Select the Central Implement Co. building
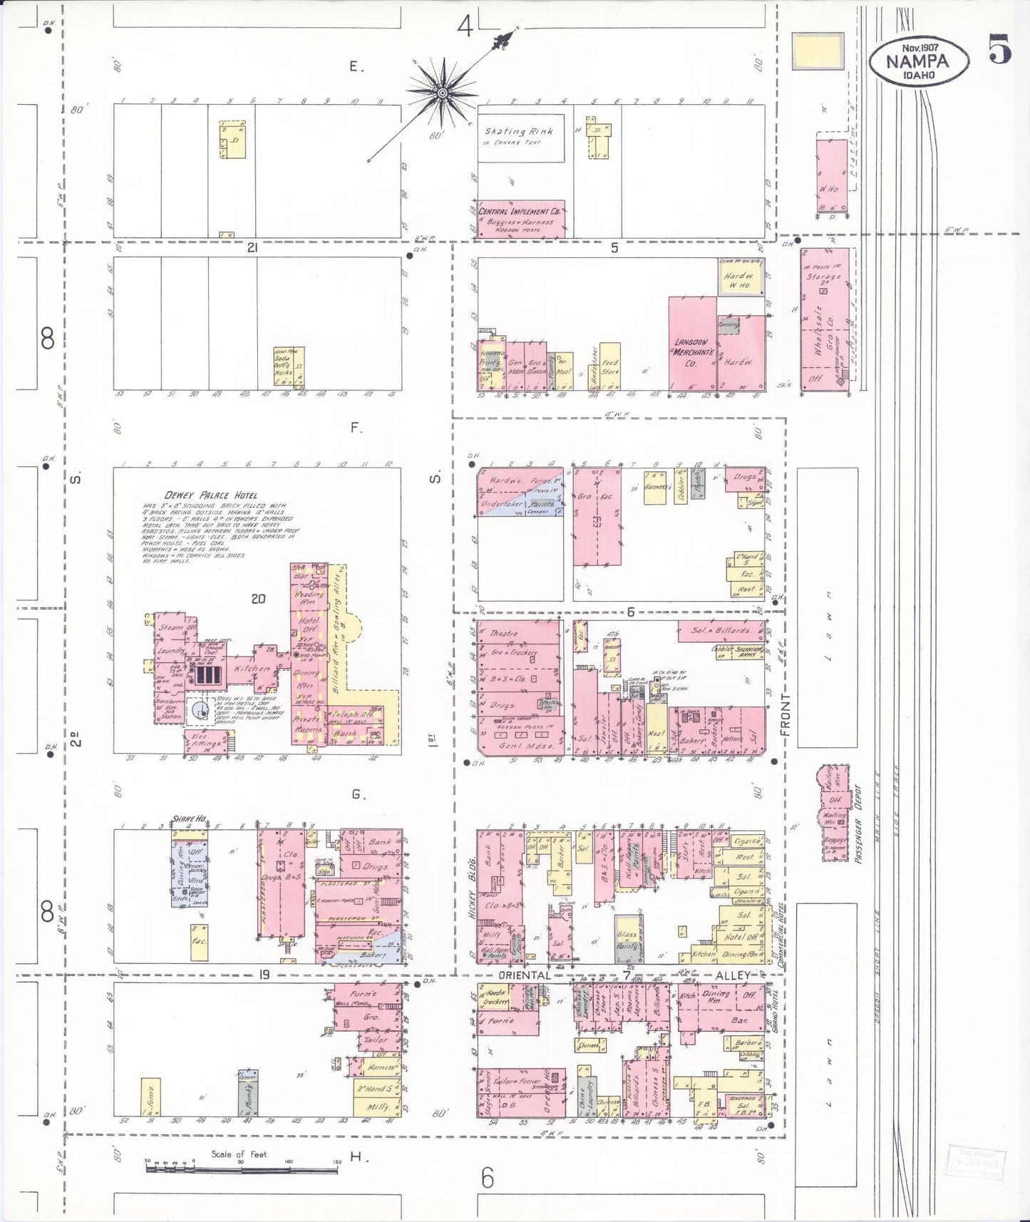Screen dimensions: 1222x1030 click(x=521, y=218)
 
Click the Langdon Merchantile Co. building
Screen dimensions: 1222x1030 click(x=692, y=345)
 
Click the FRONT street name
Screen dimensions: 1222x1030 click(x=786, y=715)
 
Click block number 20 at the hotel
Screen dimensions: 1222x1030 click(x=258, y=599)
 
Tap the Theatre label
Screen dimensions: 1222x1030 click(x=503, y=633)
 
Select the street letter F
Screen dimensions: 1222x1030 click(x=356, y=428)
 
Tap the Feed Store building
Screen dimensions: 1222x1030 click(x=610, y=366)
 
